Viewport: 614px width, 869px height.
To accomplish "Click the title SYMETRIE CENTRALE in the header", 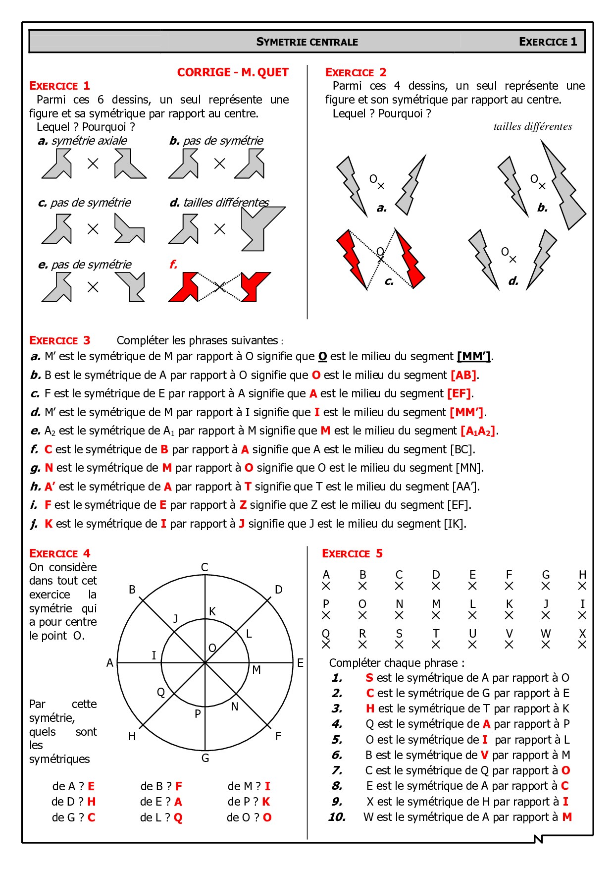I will point(307,42).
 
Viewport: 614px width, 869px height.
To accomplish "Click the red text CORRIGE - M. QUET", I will point(233,72).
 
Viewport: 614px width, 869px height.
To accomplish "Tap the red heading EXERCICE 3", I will point(59,340).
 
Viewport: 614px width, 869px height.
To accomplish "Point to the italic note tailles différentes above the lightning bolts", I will point(532,126).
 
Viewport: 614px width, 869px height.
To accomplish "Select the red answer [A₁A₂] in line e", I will point(477,431).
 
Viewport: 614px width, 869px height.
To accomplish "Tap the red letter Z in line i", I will point(243,505).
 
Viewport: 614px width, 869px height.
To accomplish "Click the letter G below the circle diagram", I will point(205,758).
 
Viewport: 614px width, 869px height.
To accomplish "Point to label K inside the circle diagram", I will point(212,611).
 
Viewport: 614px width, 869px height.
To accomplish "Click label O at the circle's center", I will point(212,648).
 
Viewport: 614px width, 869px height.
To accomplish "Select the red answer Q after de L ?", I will point(178,817).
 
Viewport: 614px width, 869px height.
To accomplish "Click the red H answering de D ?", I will point(91,802).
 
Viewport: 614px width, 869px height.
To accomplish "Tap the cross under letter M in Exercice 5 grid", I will point(436,615).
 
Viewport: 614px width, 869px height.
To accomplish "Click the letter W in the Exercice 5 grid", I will point(545,634).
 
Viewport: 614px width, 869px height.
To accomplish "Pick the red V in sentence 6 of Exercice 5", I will point(484,755).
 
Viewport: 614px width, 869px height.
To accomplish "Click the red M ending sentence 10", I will point(567,817).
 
